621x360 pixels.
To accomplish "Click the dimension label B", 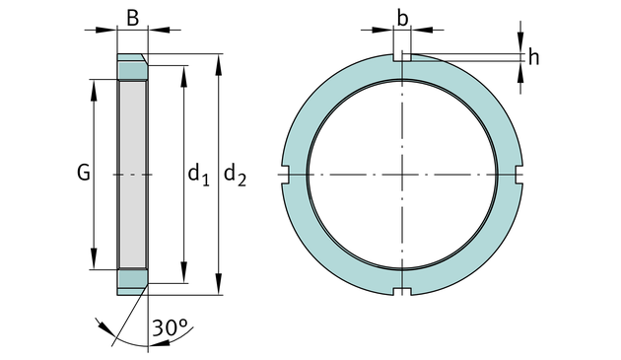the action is tap(133, 18).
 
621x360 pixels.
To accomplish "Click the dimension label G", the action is tap(84, 173).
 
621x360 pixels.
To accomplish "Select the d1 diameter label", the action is tap(198, 175).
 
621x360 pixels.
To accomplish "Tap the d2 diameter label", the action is tap(235, 175).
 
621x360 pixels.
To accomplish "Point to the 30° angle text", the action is tap(170, 327).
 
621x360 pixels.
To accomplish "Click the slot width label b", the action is tap(402, 18).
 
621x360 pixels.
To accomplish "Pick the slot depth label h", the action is tap(533, 57).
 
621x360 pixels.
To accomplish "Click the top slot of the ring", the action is tap(402, 57).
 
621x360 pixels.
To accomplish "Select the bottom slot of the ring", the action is tap(402, 292).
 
